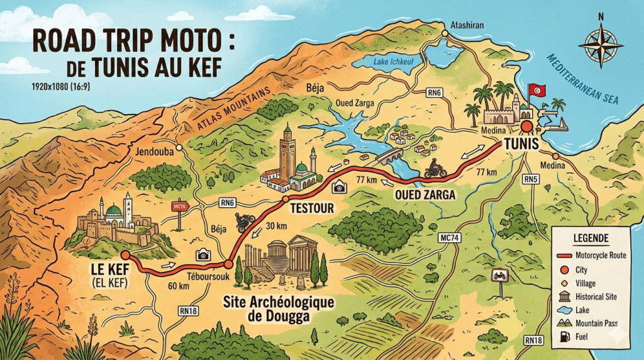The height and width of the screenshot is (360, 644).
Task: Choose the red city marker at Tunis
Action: tap(527, 126)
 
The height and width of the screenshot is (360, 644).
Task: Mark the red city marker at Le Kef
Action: tap(125, 255)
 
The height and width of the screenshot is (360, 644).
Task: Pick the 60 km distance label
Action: tap(179, 287)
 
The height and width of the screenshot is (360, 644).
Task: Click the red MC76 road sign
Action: tap(179, 206)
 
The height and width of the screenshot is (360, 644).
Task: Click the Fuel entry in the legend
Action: tap(581, 337)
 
